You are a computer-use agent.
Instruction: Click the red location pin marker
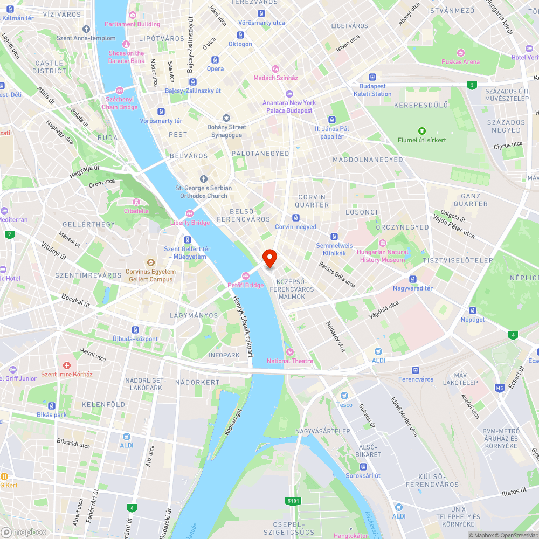(x=269, y=258)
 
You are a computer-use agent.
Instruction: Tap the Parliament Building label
(x=132, y=24)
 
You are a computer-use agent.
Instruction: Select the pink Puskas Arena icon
(x=460, y=53)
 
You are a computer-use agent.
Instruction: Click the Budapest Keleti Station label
(x=373, y=90)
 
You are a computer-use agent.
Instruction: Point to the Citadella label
(x=136, y=211)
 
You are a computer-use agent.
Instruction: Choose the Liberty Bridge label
(x=190, y=223)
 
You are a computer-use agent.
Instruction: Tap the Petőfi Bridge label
(x=245, y=285)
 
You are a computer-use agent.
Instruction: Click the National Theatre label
(x=289, y=361)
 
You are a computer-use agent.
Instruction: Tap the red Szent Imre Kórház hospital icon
(x=67, y=365)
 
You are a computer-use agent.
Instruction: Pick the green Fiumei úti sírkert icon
(x=421, y=131)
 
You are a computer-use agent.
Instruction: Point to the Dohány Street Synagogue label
(x=226, y=131)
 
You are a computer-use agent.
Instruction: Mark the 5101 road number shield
(x=293, y=501)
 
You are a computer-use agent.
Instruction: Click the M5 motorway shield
(x=500, y=388)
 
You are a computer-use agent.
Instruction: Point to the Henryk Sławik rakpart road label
(x=243, y=327)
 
